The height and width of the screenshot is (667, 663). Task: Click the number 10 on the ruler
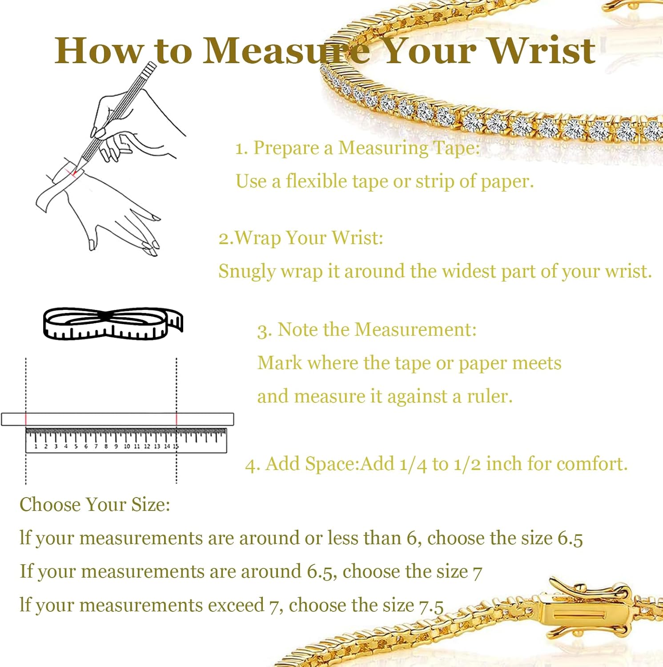point(127,446)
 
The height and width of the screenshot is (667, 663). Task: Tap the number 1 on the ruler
point(36,446)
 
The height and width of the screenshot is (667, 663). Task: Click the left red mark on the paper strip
point(26,419)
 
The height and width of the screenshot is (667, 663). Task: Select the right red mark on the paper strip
point(177,419)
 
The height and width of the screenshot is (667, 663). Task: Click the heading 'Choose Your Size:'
point(95,505)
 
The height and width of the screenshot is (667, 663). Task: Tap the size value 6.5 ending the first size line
point(570,538)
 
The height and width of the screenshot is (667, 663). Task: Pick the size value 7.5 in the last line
point(431,606)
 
